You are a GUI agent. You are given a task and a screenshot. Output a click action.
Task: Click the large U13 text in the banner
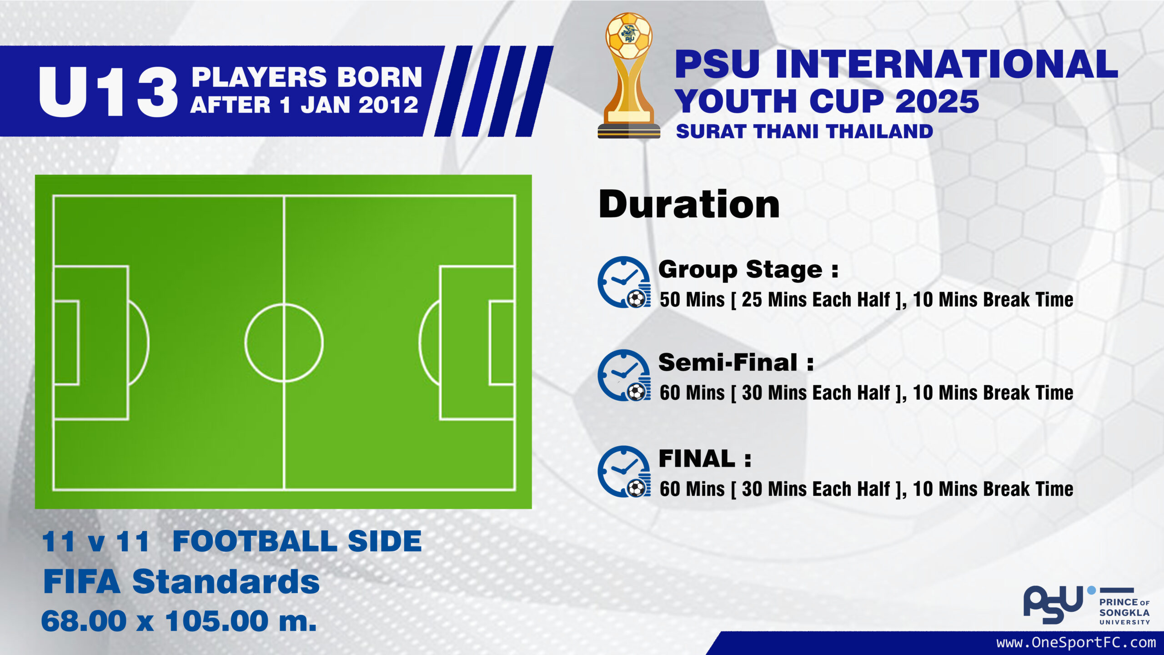(108, 91)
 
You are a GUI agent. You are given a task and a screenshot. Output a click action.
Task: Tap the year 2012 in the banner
(388, 105)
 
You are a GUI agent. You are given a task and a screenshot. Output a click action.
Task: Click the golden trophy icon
(629, 76)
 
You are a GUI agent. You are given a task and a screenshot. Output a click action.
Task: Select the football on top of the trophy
(629, 35)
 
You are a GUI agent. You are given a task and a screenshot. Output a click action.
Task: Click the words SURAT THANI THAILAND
(804, 131)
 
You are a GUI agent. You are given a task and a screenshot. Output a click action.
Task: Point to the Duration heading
(689, 205)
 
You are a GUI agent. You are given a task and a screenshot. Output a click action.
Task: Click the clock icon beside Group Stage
(624, 282)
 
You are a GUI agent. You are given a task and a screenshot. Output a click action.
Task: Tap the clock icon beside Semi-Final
(624, 376)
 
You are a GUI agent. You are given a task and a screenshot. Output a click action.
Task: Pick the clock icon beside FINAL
(624, 472)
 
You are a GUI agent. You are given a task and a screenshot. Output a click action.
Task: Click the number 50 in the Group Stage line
(670, 300)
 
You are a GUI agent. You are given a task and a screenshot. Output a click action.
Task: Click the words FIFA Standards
(181, 582)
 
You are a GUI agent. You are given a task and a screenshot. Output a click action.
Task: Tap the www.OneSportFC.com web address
(1076, 643)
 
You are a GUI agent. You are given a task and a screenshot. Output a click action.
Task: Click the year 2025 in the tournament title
(937, 101)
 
